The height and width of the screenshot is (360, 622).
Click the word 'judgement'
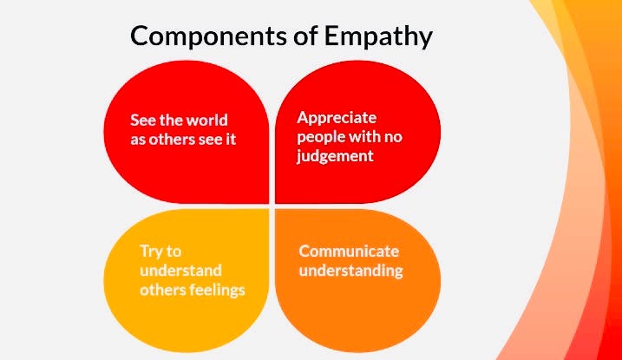[335, 157]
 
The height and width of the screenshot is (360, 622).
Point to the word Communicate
[349, 251]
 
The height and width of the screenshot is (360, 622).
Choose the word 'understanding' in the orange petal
[351, 271]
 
